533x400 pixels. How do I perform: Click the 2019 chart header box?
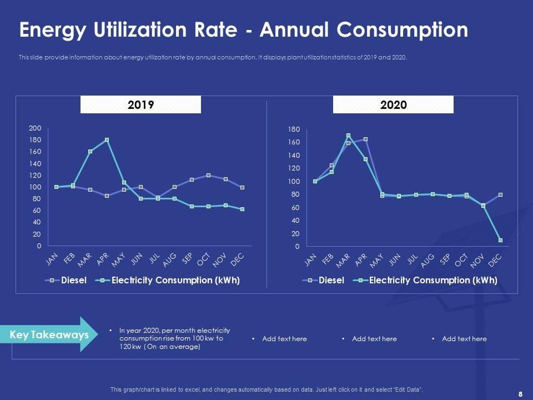click(x=140, y=104)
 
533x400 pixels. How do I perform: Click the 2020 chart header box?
click(x=393, y=104)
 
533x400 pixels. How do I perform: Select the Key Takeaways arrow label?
click(x=49, y=335)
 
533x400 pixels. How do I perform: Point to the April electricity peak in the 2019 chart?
click(x=107, y=140)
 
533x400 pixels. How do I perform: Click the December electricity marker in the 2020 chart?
click(x=501, y=240)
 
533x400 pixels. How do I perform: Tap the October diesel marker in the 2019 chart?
click(x=208, y=176)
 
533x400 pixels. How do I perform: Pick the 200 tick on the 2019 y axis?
click(x=36, y=128)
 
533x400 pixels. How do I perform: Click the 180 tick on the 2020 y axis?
click(x=294, y=129)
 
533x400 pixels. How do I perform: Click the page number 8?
click(x=520, y=394)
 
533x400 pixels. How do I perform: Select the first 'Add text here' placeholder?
click(x=284, y=338)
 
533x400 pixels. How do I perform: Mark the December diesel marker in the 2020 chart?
click(x=501, y=194)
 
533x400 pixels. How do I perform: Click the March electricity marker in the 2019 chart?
click(x=90, y=151)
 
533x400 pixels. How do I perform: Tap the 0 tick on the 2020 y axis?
click(x=298, y=247)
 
